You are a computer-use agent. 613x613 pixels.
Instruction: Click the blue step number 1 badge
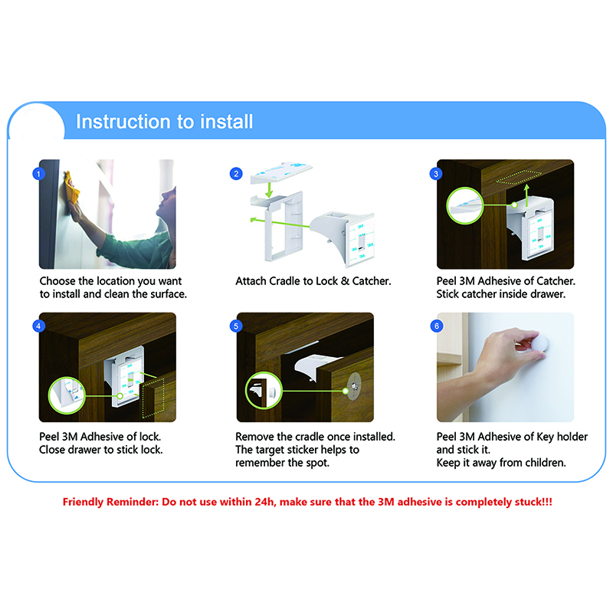pos(38,174)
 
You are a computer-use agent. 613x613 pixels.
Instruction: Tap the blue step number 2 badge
pos(236,174)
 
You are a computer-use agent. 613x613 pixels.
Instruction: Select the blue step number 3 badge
pos(436,174)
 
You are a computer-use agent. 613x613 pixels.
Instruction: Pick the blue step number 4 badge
pos(38,326)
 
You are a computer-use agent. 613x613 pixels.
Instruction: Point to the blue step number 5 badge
pos(236,326)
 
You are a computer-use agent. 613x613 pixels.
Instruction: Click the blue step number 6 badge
pos(436,326)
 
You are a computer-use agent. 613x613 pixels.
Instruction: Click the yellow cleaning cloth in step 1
pos(72,187)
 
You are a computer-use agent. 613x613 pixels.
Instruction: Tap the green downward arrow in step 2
pos(269,189)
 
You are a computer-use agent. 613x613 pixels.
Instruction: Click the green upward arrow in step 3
pos(526,195)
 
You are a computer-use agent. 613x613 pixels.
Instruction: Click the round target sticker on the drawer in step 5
pos(354,387)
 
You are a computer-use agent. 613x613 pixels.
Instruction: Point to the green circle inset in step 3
pos(465,205)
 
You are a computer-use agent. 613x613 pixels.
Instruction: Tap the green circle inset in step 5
pos(264,390)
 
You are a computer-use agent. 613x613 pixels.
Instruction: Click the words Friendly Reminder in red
pos(111,502)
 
